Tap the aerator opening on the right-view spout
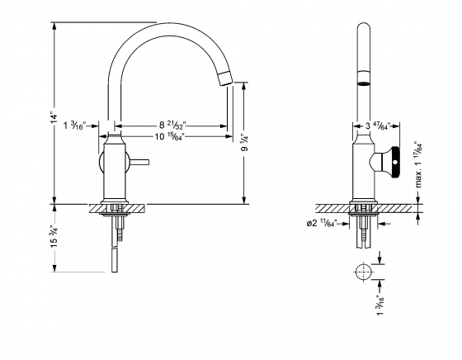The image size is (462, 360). coord(362,83)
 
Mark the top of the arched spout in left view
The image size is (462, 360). coord(165,26)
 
